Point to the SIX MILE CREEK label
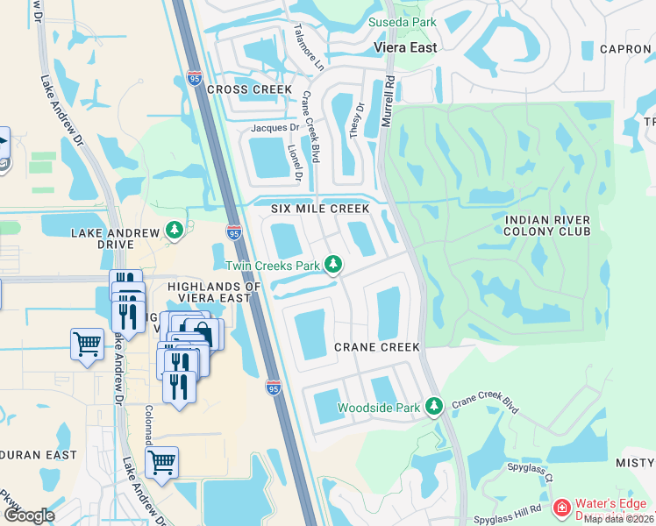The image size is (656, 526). pos(320,209)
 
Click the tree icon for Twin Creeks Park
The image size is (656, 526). pos(333,264)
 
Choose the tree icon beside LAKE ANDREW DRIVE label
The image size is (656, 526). pos(175,231)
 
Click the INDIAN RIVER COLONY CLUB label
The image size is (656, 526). pos(547,225)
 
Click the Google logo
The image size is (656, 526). pos(29,515)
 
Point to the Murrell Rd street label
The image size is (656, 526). pos(387,101)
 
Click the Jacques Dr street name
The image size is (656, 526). pos(275,128)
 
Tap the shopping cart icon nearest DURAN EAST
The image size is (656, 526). pos(161,461)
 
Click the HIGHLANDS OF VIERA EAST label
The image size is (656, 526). pos(215,293)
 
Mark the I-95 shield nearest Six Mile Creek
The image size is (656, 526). pos(233,232)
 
